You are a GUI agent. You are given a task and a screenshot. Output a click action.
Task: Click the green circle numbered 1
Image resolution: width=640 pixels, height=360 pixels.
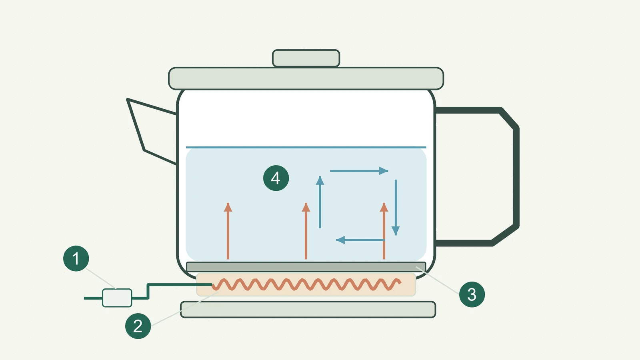(76, 258)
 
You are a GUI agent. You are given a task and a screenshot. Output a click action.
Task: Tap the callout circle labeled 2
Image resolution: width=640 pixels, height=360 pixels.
(138, 326)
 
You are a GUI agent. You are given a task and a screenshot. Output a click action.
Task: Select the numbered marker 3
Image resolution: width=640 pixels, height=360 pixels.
(472, 294)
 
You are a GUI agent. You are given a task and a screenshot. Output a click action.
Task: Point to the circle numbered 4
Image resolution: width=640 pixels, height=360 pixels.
(276, 178)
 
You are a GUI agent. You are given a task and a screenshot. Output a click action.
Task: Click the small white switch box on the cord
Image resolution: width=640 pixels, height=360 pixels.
(117, 298)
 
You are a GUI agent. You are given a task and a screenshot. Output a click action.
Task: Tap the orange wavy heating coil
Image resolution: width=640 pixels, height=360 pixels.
(306, 284)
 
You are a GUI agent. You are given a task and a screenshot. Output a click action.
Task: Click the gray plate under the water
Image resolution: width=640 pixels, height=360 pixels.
(306, 266)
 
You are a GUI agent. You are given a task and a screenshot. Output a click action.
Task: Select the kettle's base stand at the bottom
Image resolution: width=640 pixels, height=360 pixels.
(308, 310)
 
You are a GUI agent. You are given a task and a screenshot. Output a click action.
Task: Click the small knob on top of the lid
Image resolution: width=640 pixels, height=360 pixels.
(306, 58)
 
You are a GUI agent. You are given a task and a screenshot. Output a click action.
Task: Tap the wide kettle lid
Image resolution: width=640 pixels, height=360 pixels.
(306, 78)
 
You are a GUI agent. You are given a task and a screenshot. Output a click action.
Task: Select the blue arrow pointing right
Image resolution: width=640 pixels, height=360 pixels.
(359, 171)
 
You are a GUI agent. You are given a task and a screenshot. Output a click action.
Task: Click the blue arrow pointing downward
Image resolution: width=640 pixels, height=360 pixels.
(396, 208)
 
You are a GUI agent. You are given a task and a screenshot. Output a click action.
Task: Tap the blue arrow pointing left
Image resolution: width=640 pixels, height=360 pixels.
(360, 240)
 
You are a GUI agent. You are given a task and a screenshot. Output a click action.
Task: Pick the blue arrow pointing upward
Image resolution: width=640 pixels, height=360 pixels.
(320, 202)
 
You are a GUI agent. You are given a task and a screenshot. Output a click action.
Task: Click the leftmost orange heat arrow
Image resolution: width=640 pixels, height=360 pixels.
(228, 231)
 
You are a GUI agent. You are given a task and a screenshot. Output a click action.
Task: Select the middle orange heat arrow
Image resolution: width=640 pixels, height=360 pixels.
(306, 231)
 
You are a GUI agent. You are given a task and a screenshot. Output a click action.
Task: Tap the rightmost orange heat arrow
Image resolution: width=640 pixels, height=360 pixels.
(384, 231)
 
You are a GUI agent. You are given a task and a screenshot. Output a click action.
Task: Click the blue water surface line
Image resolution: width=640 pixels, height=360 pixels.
(306, 148)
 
